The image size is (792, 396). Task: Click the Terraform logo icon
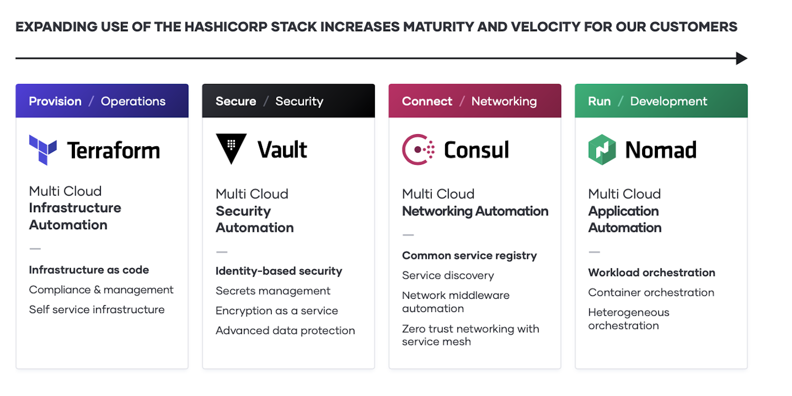[x=43, y=149]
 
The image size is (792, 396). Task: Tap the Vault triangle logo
[x=231, y=148]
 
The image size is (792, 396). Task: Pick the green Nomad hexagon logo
[x=602, y=149]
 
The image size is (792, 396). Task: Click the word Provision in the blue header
[x=55, y=101]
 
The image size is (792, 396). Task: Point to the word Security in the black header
[x=299, y=101]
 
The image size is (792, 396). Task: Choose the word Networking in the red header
[x=504, y=101]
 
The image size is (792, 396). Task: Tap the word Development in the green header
[x=668, y=101]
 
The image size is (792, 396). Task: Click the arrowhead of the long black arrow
[x=742, y=58]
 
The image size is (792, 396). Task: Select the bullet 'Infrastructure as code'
[x=89, y=270]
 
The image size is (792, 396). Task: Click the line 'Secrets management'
[x=273, y=291]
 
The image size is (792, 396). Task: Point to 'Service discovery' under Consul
[x=448, y=276]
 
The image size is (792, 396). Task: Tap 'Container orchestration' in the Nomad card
[x=651, y=293]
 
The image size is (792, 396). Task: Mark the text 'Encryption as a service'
[x=277, y=311]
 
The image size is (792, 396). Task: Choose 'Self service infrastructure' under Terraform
[x=97, y=309]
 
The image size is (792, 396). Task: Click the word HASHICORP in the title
[x=220, y=27]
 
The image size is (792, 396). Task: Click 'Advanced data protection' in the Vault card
[x=285, y=331]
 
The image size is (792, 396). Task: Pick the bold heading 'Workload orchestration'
[x=652, y=272]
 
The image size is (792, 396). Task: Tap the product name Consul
[x=476, y=150]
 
